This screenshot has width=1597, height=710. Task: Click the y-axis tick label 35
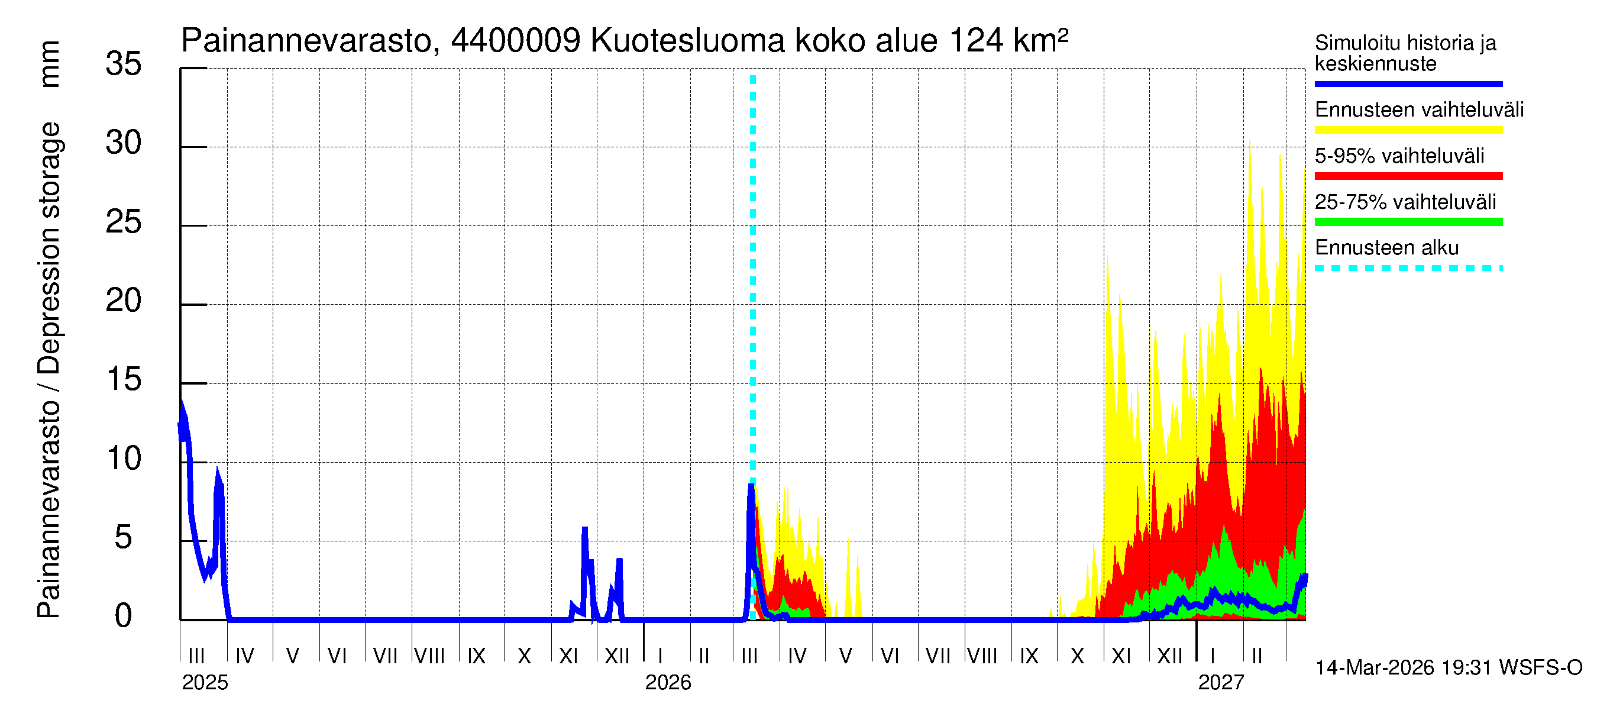click(124, 64)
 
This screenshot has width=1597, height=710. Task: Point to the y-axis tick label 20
click(124, 301)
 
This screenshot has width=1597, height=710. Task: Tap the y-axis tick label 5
click(124, 537)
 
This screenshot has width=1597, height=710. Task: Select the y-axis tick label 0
click(124, 616)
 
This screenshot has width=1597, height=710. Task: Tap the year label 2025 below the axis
click(205, 683)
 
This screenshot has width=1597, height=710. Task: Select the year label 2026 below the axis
click(668, 683)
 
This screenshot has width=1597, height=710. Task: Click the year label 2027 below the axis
click(1221, 683)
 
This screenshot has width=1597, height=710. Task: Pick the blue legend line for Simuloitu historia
click(1408, 83)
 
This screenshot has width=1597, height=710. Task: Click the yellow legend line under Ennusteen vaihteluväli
click(1408, 130)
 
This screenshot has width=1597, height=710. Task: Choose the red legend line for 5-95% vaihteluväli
click(1408, 176)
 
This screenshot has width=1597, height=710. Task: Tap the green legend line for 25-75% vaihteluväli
click(1408, 222)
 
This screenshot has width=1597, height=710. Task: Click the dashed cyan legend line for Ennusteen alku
click(1408, 269)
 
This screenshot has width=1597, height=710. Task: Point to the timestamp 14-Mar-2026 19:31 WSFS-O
click(1449, 668)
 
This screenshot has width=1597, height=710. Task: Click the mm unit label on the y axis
click(50, 64)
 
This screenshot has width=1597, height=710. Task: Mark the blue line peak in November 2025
click(584, 529)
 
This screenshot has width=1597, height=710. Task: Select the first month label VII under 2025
click(385, 656)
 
